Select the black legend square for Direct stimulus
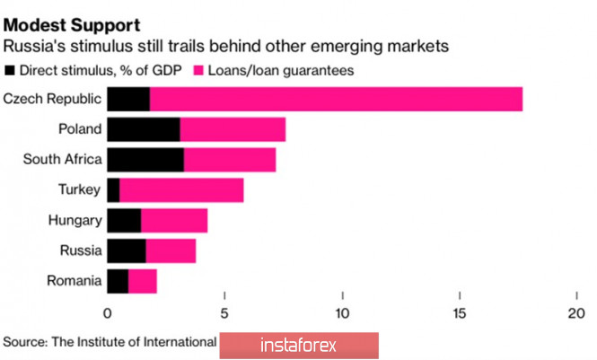click(x=10, y=69)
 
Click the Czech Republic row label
click(x=52, y=99)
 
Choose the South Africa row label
click(x=62, y=160)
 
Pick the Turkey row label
click(x=80, y=190)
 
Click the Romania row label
click(x=74, y=281)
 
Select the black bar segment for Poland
click(x=143, y=129)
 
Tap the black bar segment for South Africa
click(x=145, y=160)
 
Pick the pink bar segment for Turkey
click(x=180, y=190)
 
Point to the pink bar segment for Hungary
click(x=174, y=221)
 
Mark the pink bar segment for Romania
click(x=142, y=281)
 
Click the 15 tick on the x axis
click(x=459, y=313)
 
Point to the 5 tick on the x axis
click(x=224, y=313)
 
